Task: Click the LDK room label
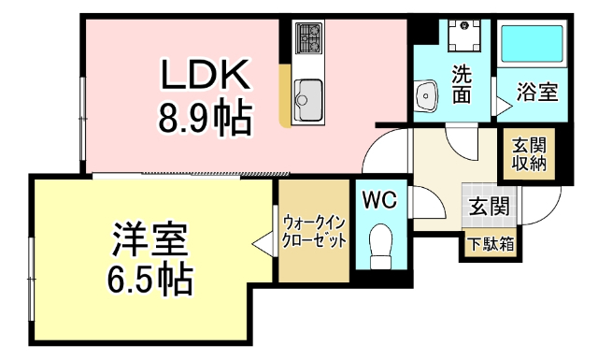click(x=205, y=74)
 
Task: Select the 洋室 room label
click(x=150, y=238)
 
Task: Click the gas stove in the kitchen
click(x=308, y=38)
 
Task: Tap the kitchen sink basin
click(x=307, y=94)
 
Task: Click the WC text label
click(x=380, y=199)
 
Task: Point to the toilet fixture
click(x=381, y=246)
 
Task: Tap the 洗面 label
click(x=462, y=83)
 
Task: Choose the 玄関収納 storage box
click(x=528, y=151)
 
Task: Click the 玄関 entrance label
click(x=488, y=207)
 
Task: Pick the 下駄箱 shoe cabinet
click(x=489, y=246)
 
